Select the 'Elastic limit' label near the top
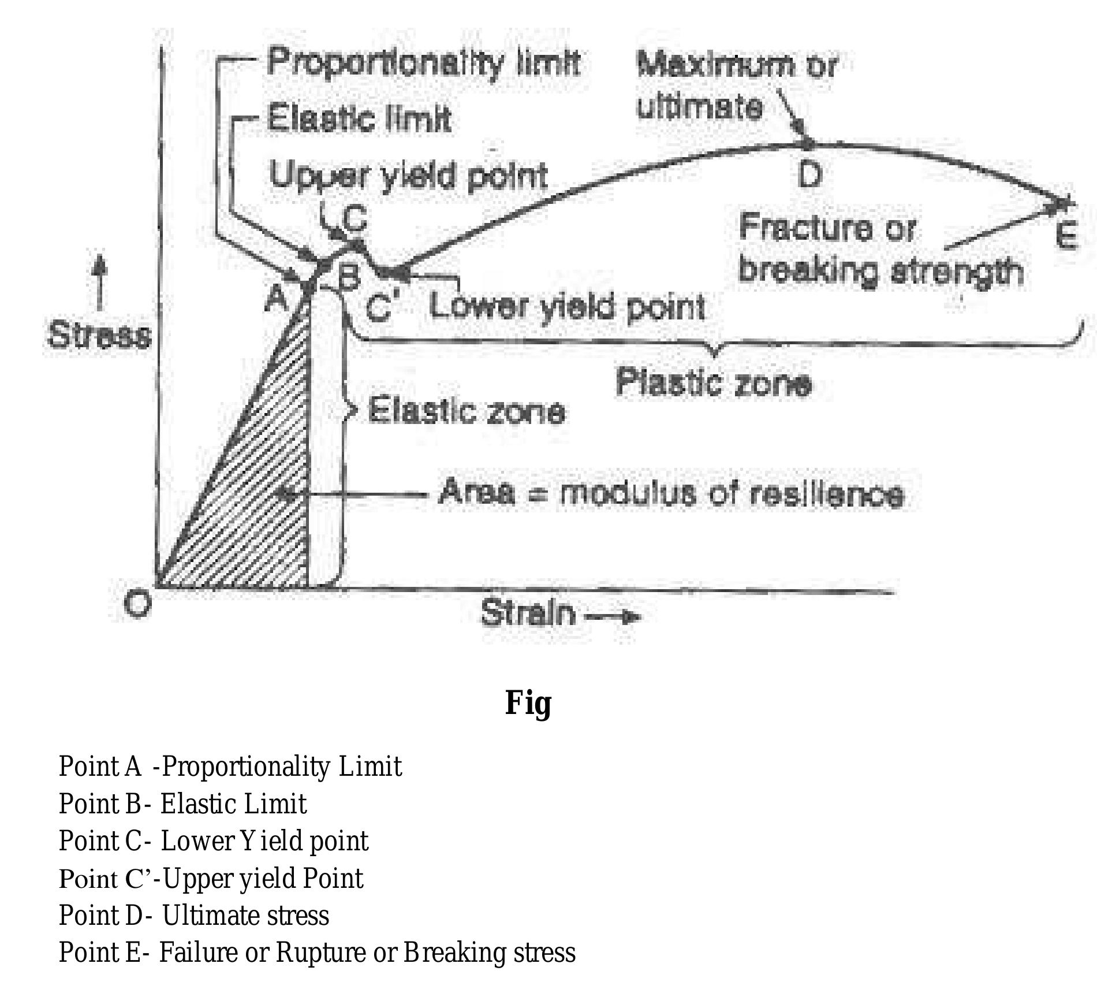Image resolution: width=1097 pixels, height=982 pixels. click(359, 120)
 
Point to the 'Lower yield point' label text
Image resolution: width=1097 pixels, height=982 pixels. click(566, 307)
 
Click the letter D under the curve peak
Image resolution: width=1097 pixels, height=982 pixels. click(809, 174)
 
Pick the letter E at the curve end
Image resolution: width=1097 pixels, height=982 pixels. click(1066, 236)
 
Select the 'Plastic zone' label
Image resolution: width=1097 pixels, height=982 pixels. click(713, 382)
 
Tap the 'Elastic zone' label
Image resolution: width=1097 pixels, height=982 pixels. click(466, 412)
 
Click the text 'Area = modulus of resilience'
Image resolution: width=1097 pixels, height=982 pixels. click(670, 494)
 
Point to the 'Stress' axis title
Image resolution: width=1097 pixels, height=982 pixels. click(99, 335)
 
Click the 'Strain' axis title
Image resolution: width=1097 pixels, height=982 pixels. click(528, 613)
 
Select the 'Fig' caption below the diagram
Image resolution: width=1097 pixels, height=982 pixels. click(528, 703)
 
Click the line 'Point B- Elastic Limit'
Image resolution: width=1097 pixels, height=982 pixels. click(182, 804)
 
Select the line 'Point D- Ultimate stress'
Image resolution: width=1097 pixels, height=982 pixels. click(193, 915)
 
